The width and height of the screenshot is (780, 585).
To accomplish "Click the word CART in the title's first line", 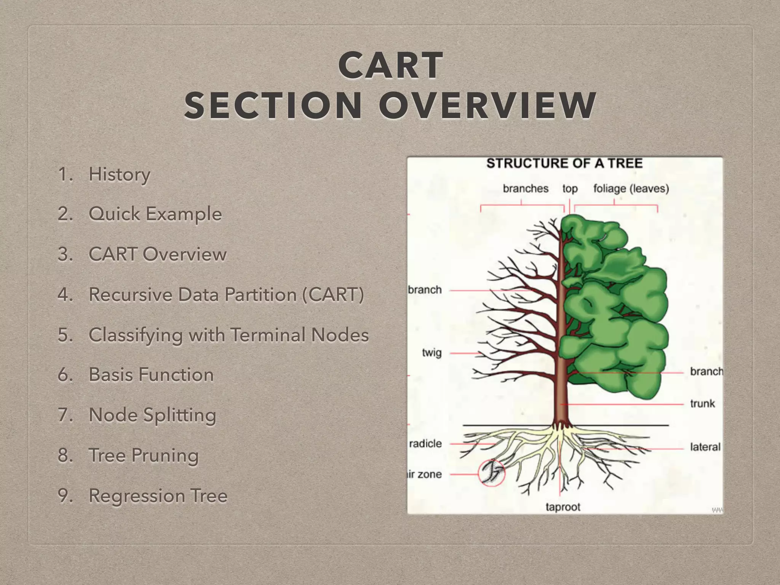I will pos(390,66).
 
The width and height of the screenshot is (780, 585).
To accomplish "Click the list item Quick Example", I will pos(155,214).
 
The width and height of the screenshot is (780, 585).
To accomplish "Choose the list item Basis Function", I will pos(151,374).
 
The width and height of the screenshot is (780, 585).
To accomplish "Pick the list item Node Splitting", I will pos(152,415).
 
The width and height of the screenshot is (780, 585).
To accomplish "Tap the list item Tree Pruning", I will pos(144,455).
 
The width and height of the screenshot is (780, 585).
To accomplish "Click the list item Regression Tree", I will pos(158,495).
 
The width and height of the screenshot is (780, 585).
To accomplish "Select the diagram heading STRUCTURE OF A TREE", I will pos(564,163).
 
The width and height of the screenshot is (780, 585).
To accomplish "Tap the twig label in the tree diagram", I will pos(432,353).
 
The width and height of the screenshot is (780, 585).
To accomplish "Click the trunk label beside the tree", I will pos(702,403).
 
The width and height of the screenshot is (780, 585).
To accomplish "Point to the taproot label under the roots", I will pos(563,507).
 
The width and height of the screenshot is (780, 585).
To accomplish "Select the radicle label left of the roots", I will pos(425,444).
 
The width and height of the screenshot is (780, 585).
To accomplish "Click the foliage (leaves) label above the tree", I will pos(631,189).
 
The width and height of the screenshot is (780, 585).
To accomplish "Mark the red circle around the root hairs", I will pos(491,473).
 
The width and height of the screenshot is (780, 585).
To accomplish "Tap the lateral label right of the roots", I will pos(705,447).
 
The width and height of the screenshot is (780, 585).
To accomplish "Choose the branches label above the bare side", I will pos(526,189).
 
